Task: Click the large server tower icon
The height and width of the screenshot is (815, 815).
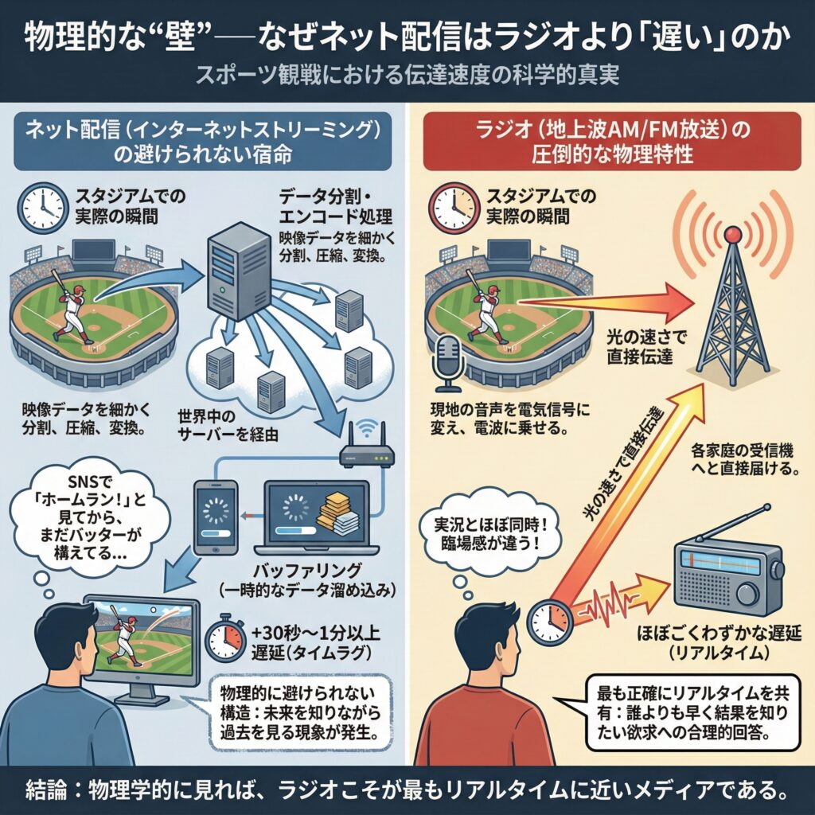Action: (x=239, y=271)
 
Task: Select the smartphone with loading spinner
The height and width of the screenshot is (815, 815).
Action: (x=216, y=517)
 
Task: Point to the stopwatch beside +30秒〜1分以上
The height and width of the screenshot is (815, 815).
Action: (x=225, y=638)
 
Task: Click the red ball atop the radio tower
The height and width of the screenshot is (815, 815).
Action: (x=733, y=235)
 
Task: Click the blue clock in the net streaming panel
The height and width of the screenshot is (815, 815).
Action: (x=42, y=208)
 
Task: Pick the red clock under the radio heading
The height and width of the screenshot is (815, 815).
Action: (x=453, y=208)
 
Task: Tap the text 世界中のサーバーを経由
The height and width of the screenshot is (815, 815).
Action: (x=228, y=425)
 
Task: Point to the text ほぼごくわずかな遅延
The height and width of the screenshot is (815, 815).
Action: (x=719, y=634)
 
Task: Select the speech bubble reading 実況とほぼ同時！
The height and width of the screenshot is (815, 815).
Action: (x=490, y=536)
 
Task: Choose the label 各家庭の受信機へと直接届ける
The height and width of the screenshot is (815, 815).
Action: (x=745, y=458)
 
